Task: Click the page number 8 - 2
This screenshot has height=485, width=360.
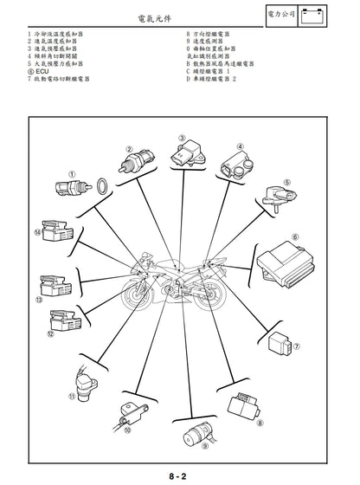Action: pos(180,475)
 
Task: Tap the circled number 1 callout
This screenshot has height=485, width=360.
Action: pos(72,173)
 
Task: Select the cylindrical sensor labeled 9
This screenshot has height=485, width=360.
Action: pos(187,431)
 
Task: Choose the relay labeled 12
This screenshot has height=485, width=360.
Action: pos(65,321)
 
